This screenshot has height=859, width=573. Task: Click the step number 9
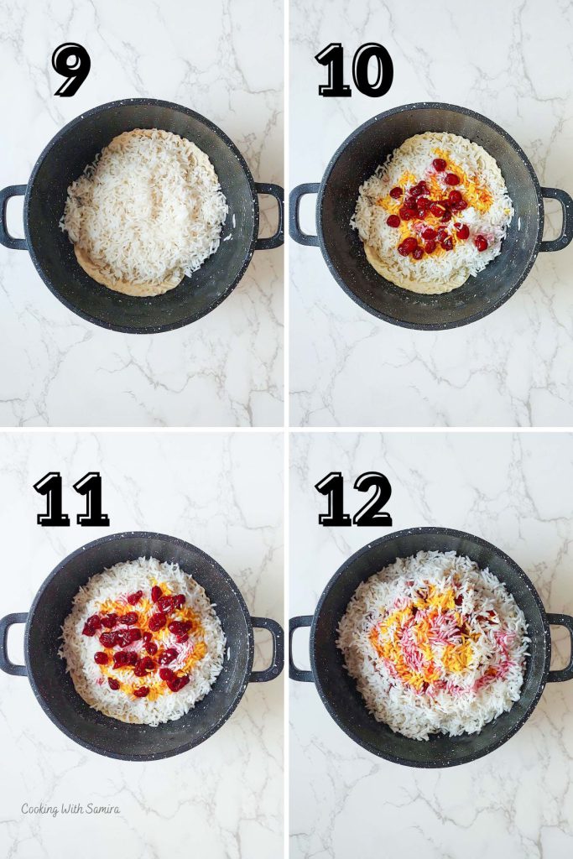point(71,70)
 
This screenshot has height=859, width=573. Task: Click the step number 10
point(353,70)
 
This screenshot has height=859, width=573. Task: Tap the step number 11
point(71,499)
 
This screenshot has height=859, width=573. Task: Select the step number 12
point(353,499)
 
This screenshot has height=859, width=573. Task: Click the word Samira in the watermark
point(102,810)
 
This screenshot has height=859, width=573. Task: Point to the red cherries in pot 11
point(138,638)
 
